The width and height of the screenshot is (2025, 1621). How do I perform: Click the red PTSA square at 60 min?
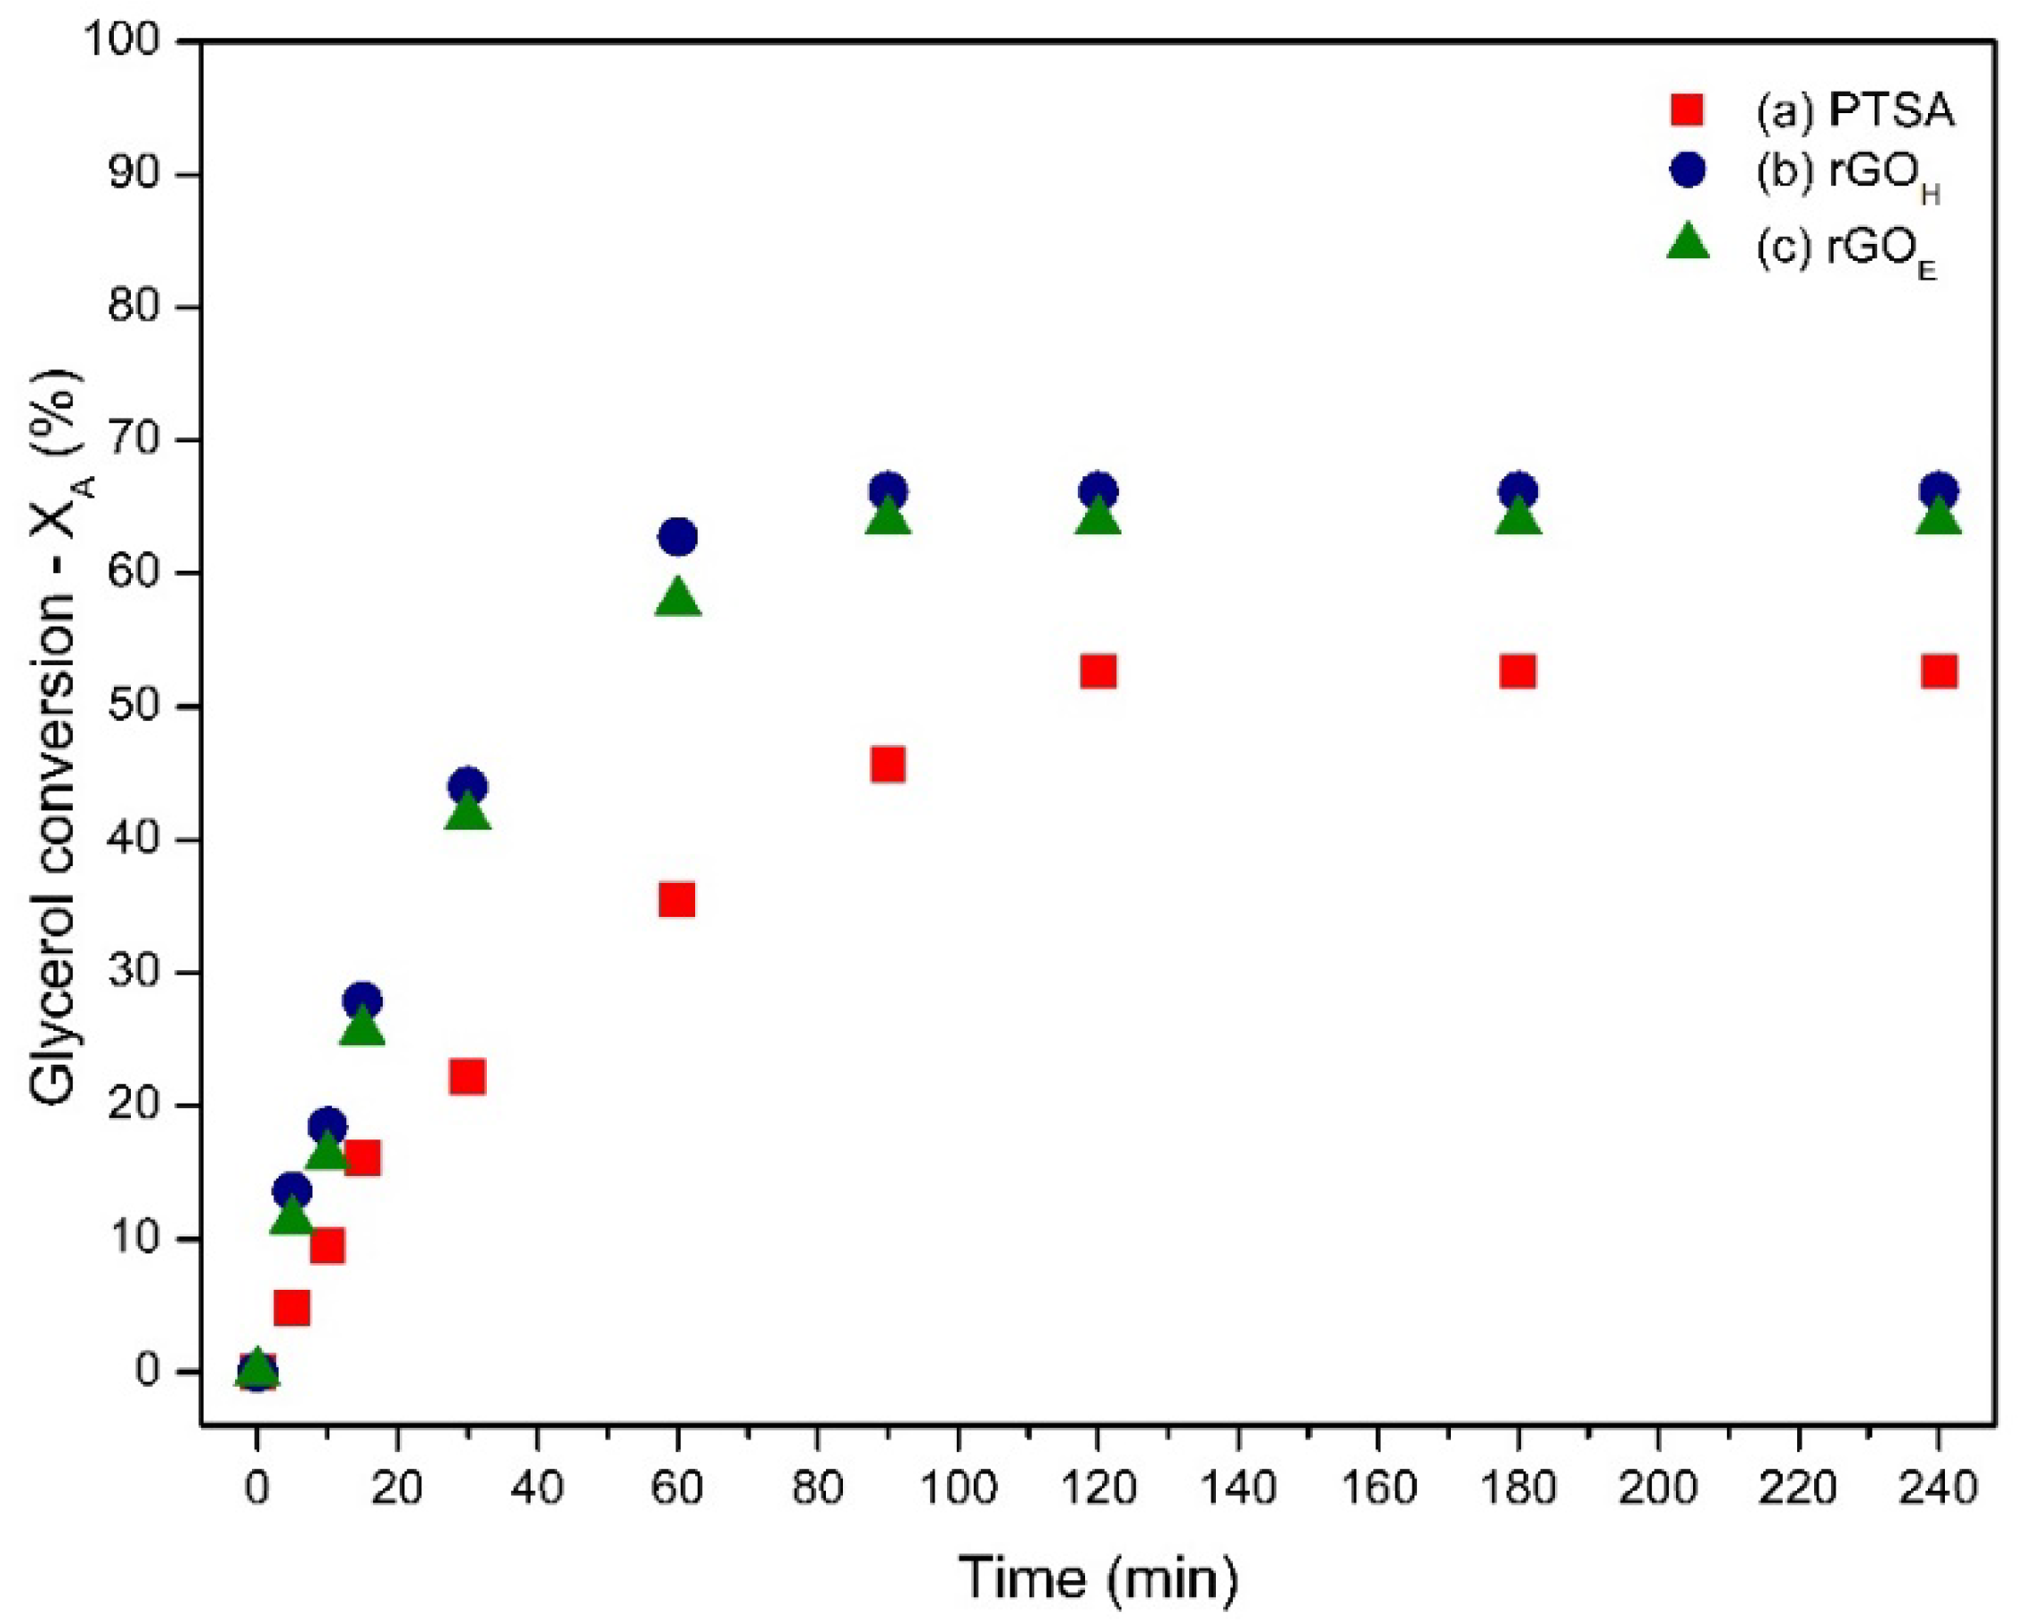pyautogui.click(x=676, y=900)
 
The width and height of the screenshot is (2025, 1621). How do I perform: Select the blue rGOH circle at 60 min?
pyautogui.click(x=677, y=537)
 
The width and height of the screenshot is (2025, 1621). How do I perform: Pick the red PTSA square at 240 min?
pyautogui.click(x=1939, y=671)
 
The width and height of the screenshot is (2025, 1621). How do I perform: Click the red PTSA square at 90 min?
pyautogui.click(x=887, y=765)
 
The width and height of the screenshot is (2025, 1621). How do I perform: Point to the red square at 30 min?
pyautogui.click(x=466, y=1076)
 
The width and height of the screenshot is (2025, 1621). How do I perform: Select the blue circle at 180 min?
pyautogui.click(x=1518, y=490)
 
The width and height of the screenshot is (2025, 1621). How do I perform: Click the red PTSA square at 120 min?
pyautogui.click(x=1098, y=671)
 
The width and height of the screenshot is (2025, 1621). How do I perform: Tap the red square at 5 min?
pyautogui.click(x=292, y=1308)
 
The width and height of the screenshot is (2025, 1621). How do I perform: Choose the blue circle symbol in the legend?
pyautogui.click(x=1688, y=171)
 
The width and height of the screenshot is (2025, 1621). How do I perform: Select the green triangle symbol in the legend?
pyautogui.click(x=1688, y=242)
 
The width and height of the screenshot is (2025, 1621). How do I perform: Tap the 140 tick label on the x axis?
pyautogui.click(x=1239, y=1488)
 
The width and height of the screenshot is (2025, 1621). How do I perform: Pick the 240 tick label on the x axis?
pyautogui.click(x=1939, y=1488)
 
